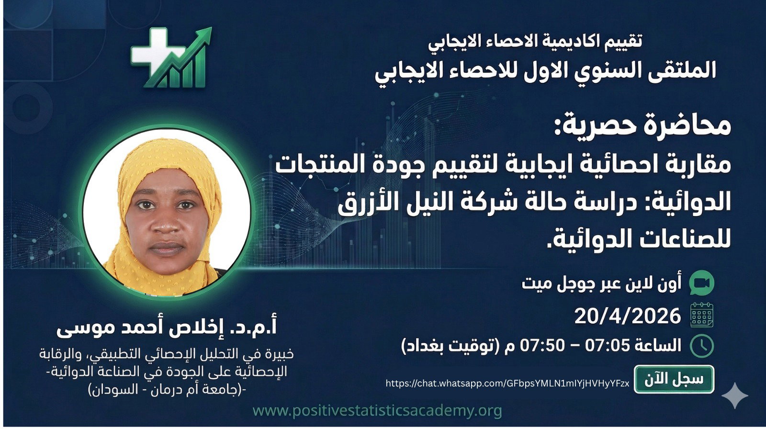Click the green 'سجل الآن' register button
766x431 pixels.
674,379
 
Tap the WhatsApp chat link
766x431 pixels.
507,383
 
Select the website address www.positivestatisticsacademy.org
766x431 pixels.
377,410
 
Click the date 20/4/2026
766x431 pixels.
627,316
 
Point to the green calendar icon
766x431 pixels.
702,316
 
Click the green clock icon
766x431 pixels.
702,346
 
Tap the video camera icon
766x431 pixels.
702,283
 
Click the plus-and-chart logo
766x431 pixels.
170,58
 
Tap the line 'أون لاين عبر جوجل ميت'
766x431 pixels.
601,284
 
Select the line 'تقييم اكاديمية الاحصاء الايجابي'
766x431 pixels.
535,41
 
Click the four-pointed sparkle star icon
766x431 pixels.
735,395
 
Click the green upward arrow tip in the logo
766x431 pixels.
206,32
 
